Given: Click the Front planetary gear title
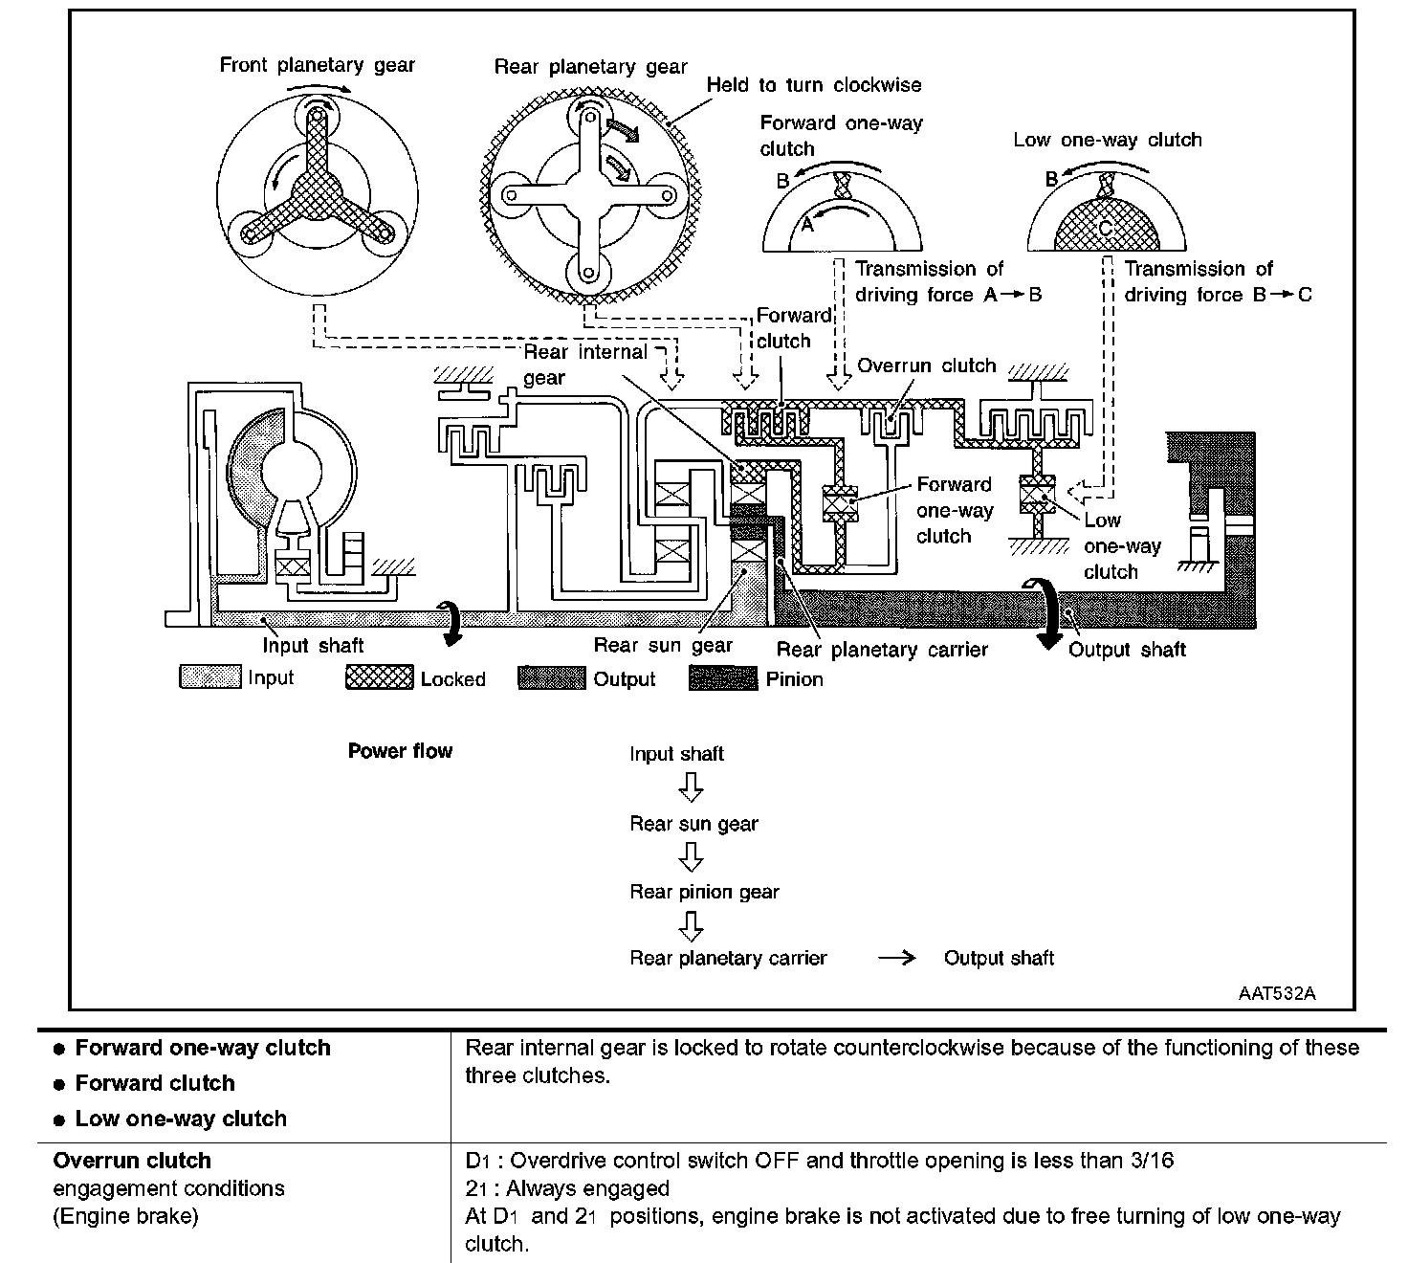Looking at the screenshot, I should tap(317, 65).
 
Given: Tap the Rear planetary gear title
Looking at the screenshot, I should tap(590, 67).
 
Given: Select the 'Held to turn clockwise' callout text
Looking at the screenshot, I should tap(813, 85).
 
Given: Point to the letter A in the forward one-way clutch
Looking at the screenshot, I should tap(806, 224).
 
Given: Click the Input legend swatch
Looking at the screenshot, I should tap(209, 678).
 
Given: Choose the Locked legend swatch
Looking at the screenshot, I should tap(379, 678).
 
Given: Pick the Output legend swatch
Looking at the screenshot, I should tap(551, 678).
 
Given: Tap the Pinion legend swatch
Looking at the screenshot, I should tap(723, 678).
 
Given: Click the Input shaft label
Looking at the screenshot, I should tap(313, 646).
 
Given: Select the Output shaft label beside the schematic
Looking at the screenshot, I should tap(1127, 651).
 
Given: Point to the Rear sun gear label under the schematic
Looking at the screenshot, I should tap(663, 646).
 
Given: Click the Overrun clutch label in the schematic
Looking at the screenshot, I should tap(926, 366).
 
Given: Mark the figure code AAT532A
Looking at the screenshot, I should tap(1276, 993).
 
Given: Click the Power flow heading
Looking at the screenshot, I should tap(400, 751).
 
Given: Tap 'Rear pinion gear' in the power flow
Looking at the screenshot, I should tap(704, 892).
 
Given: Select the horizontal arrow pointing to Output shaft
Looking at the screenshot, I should tap(896, 959).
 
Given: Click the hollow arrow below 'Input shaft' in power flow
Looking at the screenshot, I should tap(691, 787).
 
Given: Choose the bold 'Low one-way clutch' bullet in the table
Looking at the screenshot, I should tap(181, 1119).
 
